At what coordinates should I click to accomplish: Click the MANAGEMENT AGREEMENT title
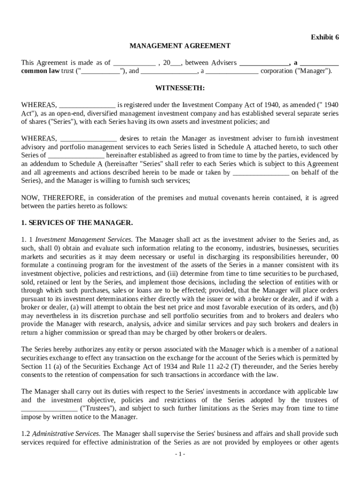[x=180, y=46]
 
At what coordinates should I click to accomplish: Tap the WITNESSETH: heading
[x=180, y=88]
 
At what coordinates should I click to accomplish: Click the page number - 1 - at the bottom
[x=180, y=454]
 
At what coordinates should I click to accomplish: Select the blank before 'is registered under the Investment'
[x=87, y=105]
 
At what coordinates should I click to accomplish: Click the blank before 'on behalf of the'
[x=260, y=172]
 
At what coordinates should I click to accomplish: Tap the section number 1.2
[x=26, y=434]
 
